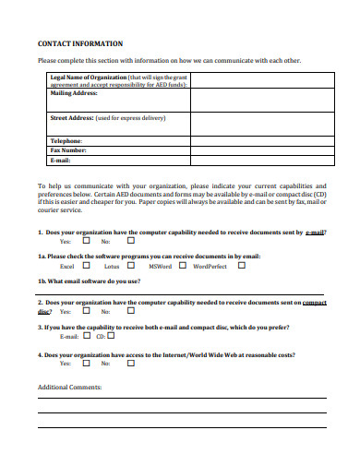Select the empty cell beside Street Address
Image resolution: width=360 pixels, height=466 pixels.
[258, 124]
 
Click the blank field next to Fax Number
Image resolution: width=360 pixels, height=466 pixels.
[258, 149]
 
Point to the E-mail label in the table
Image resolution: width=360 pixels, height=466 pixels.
[60, 159]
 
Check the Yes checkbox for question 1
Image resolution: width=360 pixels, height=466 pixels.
[86, 241]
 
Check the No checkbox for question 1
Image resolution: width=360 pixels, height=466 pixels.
[130, 241]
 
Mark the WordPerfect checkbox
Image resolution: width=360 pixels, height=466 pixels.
[241, 266]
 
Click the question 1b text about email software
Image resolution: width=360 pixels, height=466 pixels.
[89, 281]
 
